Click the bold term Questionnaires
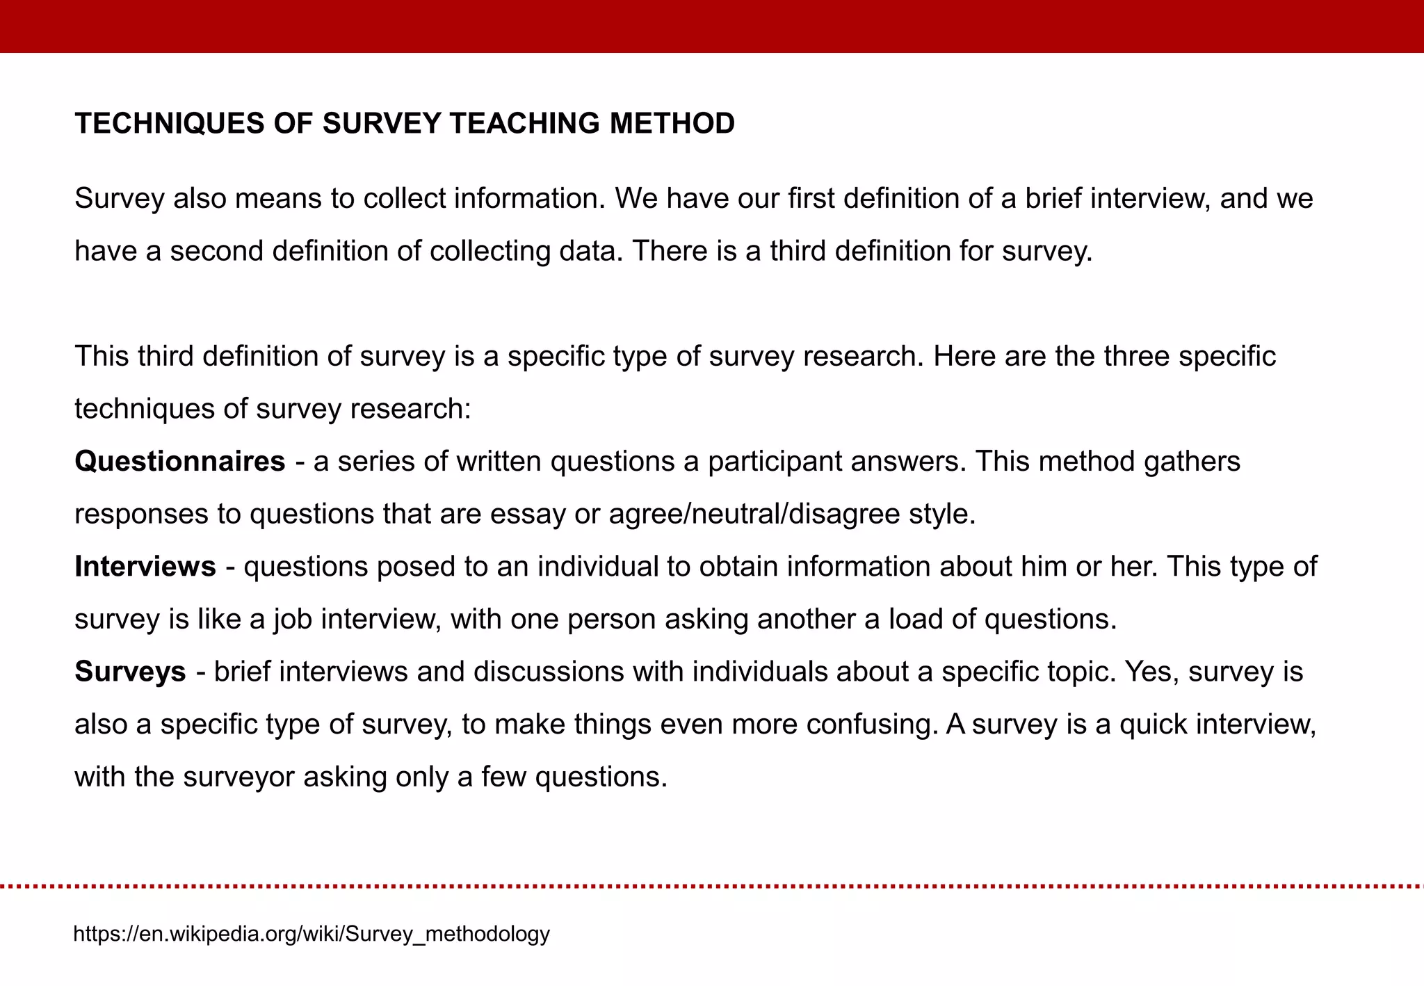[180, 461]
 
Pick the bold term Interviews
[145, 566]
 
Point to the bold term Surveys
[130, 671]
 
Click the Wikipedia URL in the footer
[311, 933]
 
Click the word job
[292, 619]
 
